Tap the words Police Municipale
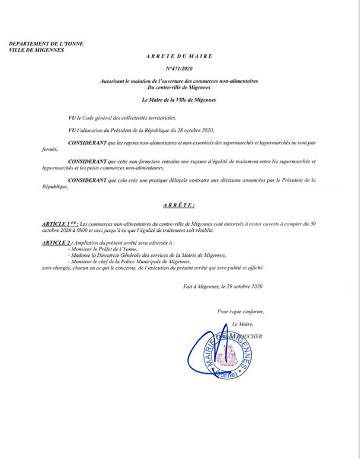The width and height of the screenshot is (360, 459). pos(150,262)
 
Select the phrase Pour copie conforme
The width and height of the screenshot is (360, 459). pos(239,311)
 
